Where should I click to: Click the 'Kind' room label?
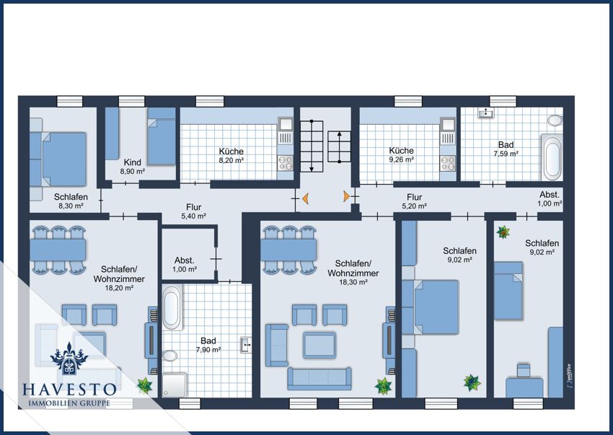click(133, 162)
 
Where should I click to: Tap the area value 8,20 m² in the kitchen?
click(231, 160)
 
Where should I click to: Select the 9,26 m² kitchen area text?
click(402, 159)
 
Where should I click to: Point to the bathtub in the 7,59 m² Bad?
click(552, 157)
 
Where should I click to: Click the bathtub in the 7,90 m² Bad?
click(172, 307)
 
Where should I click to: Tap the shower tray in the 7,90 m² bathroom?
click(175, 385)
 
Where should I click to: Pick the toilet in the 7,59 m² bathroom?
click(555, 120)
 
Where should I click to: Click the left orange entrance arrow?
click(305, 198)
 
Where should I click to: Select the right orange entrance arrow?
click(346, 196)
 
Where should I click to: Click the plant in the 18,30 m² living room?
click(383, 386)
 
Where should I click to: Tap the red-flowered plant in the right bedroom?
click(503, 232)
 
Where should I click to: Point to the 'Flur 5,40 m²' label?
click(194, 211)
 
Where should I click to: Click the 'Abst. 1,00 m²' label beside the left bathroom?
click(185, 265)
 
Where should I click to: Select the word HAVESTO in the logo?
click(69, 390)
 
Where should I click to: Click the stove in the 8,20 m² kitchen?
click(285, 163)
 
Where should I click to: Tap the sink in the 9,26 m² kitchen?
click(448, 124)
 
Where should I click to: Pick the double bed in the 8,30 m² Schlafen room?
click(63, 159)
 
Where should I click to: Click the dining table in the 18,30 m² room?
click(288, 250)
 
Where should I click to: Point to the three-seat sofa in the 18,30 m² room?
click(319, 378)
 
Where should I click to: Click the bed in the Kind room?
click(162, 136)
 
